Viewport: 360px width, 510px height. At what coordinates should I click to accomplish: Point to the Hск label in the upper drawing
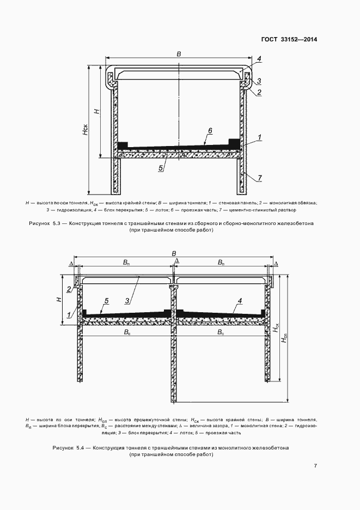click(x=85, y=130)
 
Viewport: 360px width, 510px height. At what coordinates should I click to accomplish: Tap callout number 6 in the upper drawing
click(x=210, y=131)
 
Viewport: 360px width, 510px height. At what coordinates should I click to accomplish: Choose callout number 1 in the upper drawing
click(x=260, y=137)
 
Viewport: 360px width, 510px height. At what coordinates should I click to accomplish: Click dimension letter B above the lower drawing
click(x=174, y=253)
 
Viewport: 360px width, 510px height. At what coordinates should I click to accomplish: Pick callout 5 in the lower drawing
click(x=107, y=300)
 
